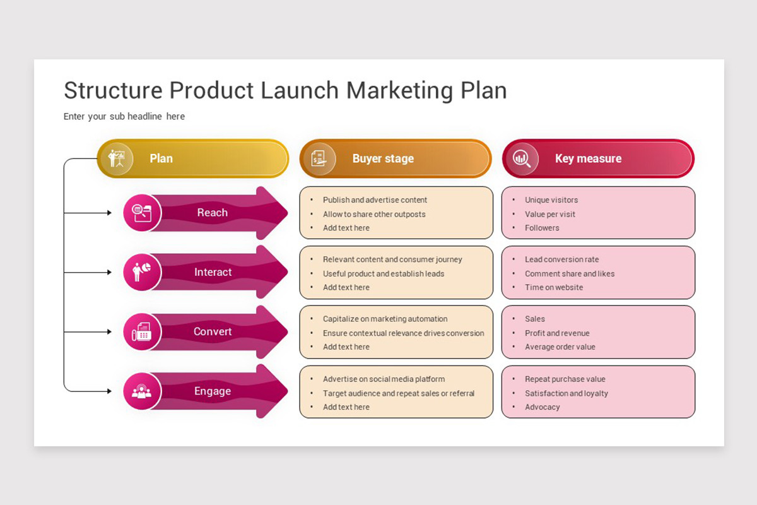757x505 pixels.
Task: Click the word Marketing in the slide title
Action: click(399, 90)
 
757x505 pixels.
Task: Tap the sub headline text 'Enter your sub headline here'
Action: click(124, 116)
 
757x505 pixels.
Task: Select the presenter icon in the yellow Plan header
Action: click(117, 158)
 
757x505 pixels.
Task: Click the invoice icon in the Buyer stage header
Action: click(319, 158)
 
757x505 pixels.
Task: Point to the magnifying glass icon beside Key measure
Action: click(522, 158)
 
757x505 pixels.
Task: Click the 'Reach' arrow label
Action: click(212, 213)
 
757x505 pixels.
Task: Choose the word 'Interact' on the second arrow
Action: click(213, 272)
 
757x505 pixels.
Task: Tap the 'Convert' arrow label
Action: click(213, 331)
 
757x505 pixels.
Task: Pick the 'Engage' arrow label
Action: click(213, 391)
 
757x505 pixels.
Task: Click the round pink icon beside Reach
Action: click(142, 213)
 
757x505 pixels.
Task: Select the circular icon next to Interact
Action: click(142, 272)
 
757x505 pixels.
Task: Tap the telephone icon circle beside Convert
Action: click(142, 331)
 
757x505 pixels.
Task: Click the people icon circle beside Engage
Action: click(142, 391)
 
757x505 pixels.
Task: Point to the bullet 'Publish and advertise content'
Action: click(375, 200)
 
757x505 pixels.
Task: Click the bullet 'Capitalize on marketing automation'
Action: click(385, 319)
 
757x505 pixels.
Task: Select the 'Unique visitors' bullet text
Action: click(551, 200)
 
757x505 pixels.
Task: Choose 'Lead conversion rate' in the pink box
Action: click(561, 259)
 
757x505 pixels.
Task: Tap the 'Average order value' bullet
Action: click(560, 347)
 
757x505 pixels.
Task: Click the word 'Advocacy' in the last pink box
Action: click(542, 407)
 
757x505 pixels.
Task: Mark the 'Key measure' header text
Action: click(588, 158)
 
